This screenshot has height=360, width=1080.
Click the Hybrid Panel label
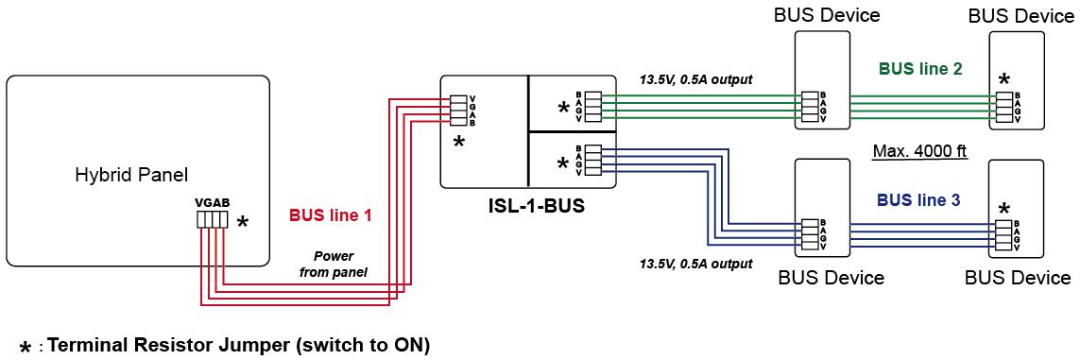point(131,176)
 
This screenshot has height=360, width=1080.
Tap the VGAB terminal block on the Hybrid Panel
point(213,219)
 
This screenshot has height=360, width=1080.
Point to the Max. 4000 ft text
point(919,151)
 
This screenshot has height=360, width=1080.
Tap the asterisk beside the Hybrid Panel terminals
point(242,222)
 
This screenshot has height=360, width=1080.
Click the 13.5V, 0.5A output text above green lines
point(695,79)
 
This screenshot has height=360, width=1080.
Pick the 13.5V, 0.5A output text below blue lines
point(695,263)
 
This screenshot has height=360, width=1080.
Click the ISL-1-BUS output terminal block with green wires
point(593,106)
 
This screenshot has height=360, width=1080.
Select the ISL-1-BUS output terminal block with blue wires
point(593,161)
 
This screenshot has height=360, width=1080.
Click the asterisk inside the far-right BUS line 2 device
point(1005,80)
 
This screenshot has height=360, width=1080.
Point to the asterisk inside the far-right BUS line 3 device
point(1005,209)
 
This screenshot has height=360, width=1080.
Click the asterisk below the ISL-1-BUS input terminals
point(458,143)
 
